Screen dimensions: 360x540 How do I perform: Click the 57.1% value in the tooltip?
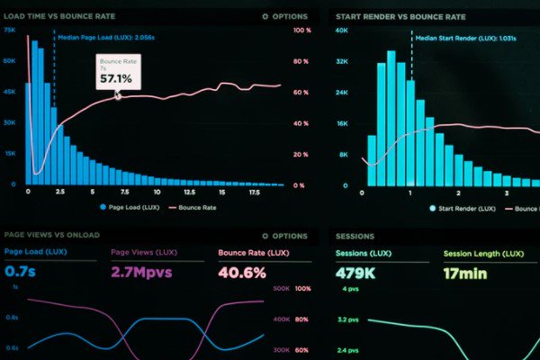116,79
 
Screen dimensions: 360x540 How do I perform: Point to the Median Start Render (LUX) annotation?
454,39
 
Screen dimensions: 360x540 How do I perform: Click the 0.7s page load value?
19,272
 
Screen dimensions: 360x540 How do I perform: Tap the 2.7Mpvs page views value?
136,272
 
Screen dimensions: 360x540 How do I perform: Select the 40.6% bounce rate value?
242,272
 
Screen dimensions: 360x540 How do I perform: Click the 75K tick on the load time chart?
9,30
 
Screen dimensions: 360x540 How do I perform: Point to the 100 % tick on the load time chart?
302,30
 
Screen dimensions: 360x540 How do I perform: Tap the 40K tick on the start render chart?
342,30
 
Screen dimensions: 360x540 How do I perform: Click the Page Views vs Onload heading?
52,236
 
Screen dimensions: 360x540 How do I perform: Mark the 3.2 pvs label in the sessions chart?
349,319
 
